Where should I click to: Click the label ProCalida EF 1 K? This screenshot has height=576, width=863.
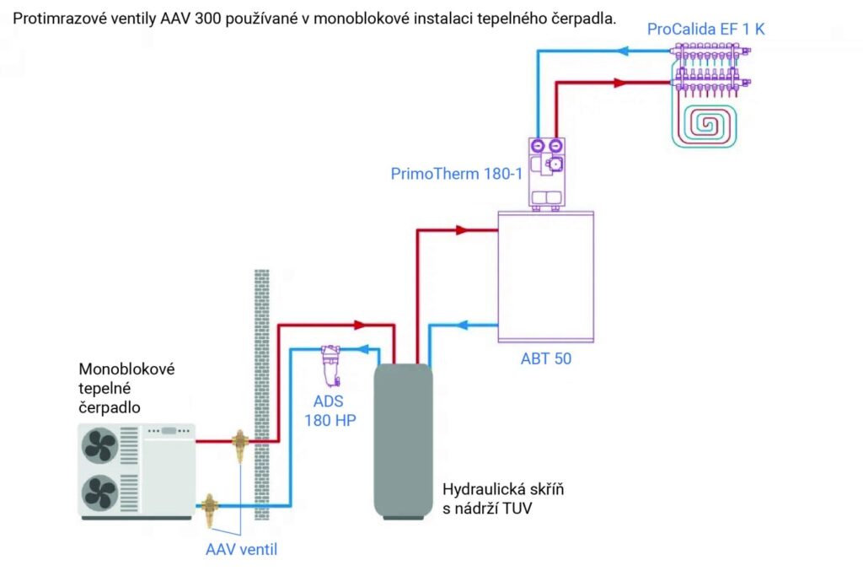click(706, 30)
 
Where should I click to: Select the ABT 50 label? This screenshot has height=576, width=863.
click(545, 358)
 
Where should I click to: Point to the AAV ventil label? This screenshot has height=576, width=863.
click(241, 550)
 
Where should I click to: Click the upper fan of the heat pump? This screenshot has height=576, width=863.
click(99, 444)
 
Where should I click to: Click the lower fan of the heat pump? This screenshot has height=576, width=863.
click(99, 490)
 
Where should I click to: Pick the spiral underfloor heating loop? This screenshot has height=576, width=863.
click(706, 125)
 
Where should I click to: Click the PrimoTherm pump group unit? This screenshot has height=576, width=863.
click(546, 173)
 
